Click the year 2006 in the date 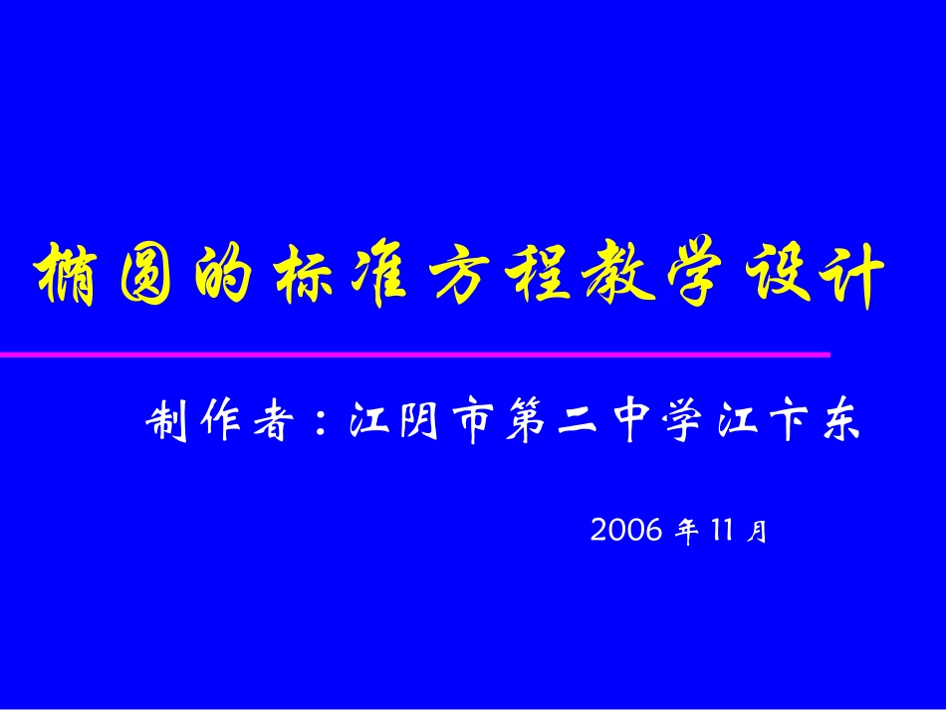tap(626, 530)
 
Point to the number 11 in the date tap(723, 530)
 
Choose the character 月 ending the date tap(758, 531)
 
